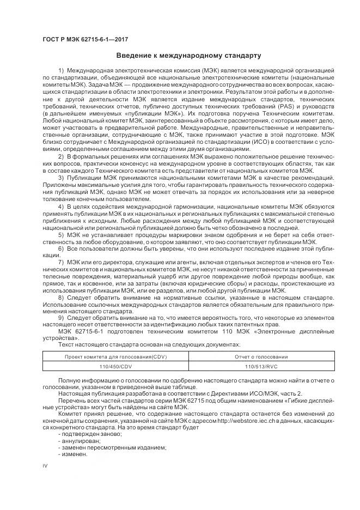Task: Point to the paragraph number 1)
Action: click(60, 72)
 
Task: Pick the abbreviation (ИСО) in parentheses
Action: click(259, 142)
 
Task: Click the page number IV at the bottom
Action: click(45, 466)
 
